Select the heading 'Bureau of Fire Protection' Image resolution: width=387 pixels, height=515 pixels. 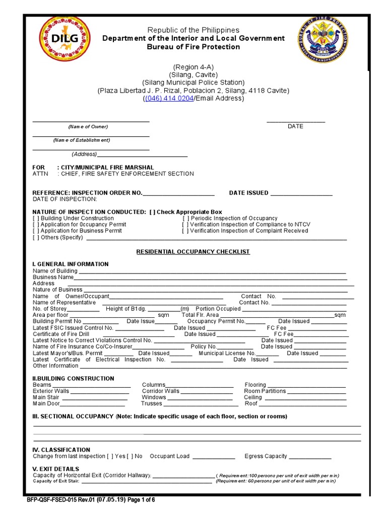193,47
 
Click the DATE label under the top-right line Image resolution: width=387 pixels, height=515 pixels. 295,126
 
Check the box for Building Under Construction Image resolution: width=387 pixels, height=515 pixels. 36,218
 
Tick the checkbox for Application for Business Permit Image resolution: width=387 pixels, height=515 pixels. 36,231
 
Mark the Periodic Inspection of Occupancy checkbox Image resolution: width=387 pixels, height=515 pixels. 185,218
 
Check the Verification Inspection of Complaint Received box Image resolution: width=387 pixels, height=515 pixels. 185,231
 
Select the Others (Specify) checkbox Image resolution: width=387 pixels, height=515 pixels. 36,237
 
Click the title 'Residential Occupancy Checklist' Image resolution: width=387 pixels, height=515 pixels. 193,251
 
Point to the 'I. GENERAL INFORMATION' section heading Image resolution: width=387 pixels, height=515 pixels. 70,264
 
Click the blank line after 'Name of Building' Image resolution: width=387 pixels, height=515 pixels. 212,272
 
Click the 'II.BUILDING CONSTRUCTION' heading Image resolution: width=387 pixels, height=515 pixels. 73,378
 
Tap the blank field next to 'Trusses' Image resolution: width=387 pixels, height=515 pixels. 198,404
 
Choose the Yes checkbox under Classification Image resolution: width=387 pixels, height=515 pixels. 110,456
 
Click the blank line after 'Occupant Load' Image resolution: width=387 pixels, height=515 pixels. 214,457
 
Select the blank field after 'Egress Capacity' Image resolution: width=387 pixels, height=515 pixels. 310,457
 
